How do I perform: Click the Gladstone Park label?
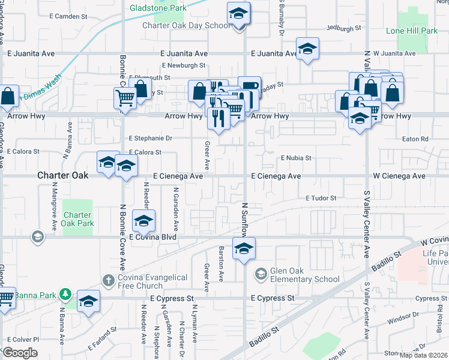(158, 8)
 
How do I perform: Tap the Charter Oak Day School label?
(186, 25)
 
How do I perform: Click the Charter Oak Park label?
(78, 219)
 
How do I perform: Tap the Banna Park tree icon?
(66, 295)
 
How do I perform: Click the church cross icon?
(108, 280)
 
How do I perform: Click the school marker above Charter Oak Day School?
(238, 13)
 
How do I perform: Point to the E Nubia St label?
(297, 158)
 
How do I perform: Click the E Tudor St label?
(321, 198)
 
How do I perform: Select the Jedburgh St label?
(344, 28)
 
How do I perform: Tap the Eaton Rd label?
(417, 139)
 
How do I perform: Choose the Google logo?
(20, 352)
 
